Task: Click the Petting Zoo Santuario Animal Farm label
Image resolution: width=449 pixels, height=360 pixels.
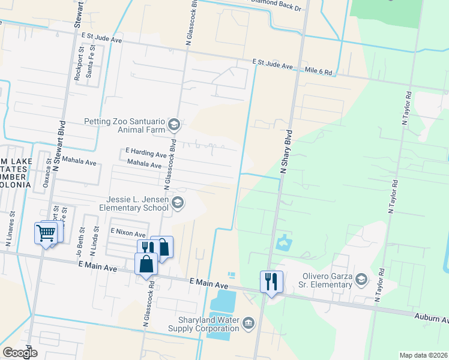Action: pos(124,125)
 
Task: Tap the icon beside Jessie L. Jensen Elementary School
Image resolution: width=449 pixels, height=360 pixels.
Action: pos(177,203)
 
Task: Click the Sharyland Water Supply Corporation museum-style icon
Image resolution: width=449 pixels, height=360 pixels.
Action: pos(248,325)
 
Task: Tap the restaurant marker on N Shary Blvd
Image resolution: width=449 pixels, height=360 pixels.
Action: pos(271,281)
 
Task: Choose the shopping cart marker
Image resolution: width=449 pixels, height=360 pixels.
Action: pos(46,233)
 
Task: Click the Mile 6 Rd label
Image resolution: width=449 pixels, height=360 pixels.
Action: pos(318,71)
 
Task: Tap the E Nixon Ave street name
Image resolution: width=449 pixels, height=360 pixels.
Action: pos(128,232)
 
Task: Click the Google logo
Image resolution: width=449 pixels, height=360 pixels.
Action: pos(20,353)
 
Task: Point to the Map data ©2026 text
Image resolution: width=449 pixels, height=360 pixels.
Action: pos(423,355)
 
